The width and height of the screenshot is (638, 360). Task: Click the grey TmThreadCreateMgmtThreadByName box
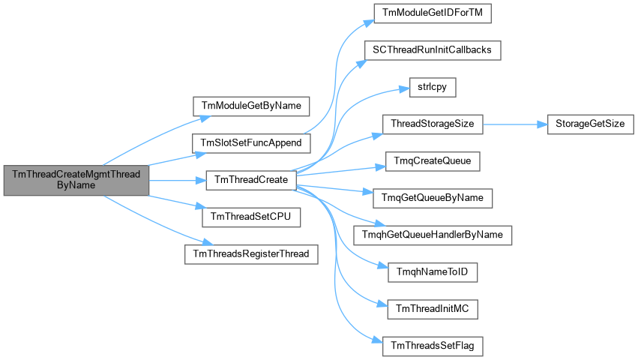(76, 180)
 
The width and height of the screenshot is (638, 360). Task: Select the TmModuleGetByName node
(251, 106)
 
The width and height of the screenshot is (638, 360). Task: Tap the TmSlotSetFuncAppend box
(251, 143)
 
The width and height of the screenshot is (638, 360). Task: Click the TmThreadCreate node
(251, 180)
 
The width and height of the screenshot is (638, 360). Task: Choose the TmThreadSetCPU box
(251, 217)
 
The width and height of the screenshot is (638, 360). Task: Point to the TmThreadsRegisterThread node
(251, 254)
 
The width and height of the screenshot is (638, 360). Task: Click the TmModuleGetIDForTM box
(433, 13)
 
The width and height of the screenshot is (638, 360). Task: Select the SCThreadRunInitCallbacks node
(433, 50)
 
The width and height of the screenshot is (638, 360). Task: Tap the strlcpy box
(433, 87)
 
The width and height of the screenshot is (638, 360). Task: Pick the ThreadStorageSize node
(433, 124)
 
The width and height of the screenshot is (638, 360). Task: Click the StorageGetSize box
(591, 124)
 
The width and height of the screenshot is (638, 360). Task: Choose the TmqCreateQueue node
(433, 161)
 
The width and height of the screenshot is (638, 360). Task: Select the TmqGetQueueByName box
(433, 198)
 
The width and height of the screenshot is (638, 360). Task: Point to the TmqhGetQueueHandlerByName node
(433, 235)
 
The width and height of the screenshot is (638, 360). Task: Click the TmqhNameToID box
(433, 272)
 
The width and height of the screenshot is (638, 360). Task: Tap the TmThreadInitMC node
(433, 310)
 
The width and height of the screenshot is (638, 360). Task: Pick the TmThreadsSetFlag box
(433, 346)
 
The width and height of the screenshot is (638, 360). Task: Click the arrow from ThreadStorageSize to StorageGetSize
(515, 124)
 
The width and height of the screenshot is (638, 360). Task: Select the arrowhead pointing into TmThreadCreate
(201, 181)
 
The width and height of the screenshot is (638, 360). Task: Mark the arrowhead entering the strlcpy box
(404, 89)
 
